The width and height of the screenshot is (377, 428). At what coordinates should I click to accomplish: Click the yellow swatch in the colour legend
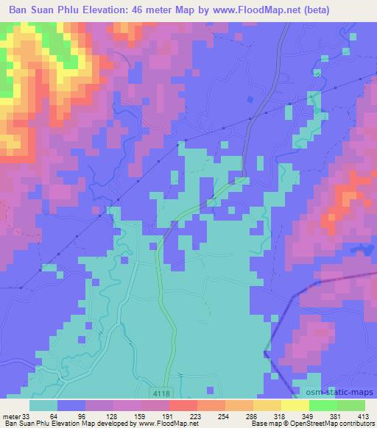click(295, 405)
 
